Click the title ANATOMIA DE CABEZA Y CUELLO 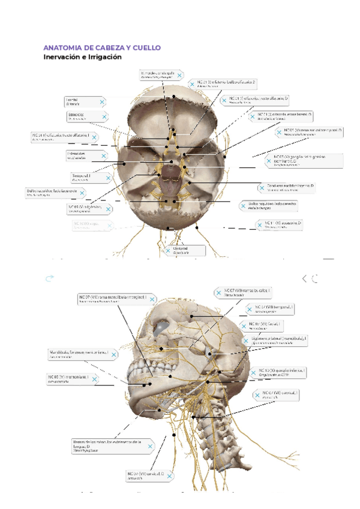(x=102, y=47)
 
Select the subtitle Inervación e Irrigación (x=82, y=58)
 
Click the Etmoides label (x=88, y=116)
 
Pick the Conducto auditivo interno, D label (x=287, y=188)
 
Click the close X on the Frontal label (x=103, y=103)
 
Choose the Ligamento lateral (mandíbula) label (x=276, y=341)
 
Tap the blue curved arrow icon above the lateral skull (x=50, y=278)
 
